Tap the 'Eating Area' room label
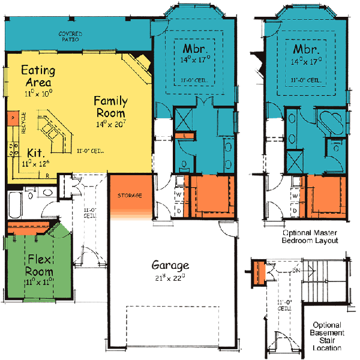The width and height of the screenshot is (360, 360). click(38, 75)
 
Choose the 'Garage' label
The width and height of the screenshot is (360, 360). click(170, 265)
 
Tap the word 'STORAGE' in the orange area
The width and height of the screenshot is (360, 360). click(130, 196)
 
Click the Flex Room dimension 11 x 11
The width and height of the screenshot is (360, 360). click(40, 280)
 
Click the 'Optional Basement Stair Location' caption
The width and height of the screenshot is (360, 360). click(327, 335)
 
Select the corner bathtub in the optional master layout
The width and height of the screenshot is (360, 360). click(329, 122)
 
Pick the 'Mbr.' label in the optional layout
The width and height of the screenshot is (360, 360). click(306, 47)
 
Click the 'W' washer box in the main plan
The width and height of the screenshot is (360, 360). click(178, 195)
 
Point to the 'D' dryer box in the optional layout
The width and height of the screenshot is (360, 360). click(295, 211)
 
